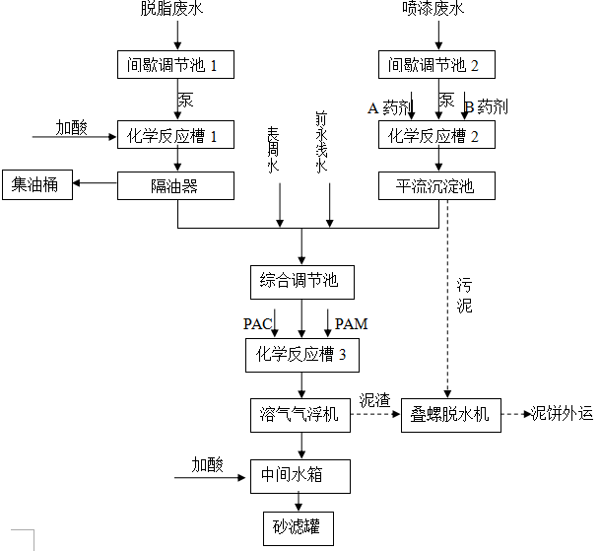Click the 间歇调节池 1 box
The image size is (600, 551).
(x=176, y=65)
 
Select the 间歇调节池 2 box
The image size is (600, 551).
(x=436, y=65)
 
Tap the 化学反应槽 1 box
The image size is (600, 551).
(x=176, y=135)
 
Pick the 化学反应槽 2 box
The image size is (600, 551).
(x=436, y=135)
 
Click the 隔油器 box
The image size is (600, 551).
(x=176, y=184)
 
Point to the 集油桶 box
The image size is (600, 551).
(x=36, y=184)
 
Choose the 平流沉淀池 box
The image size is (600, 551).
(x=436, y=184)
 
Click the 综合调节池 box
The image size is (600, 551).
(x=300, y=281)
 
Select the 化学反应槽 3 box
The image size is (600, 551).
(x=300, y=355)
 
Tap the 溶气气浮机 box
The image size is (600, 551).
(x=300, y=415)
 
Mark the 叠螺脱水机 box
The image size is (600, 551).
(x=450, y=415)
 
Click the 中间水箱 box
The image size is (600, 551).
(x=300, y=476)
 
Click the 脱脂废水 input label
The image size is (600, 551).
(x=176, y=10)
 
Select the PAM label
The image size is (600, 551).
(x=351, y=323)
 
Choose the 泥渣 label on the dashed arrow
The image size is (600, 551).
(x=374, y=400)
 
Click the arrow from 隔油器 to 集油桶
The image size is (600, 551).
(x=95, y=184)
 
